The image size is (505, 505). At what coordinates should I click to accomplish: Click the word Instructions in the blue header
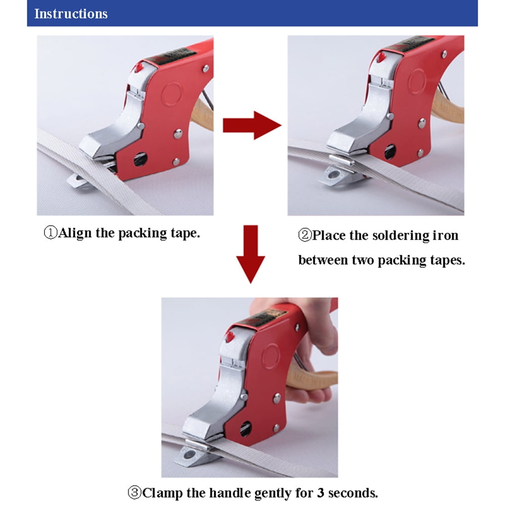[71, 14]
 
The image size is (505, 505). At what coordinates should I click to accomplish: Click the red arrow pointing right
[252, 125]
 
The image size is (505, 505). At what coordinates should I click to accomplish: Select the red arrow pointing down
[250, 254]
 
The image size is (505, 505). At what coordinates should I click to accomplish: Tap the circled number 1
[50, 232]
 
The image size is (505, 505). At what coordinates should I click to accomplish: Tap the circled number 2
[305, 235]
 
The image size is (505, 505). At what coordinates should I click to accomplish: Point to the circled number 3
[135, 492]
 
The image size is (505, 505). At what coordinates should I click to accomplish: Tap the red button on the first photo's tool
[138, 67]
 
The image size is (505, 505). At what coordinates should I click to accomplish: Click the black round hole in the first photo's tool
[140, 160]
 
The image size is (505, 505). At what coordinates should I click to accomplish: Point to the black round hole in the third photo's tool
[246, 429]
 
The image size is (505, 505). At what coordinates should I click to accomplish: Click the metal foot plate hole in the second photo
[334, 175]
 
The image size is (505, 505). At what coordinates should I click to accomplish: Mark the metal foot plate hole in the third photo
[189, 455]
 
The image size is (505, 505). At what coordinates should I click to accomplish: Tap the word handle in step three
[228, 493]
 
